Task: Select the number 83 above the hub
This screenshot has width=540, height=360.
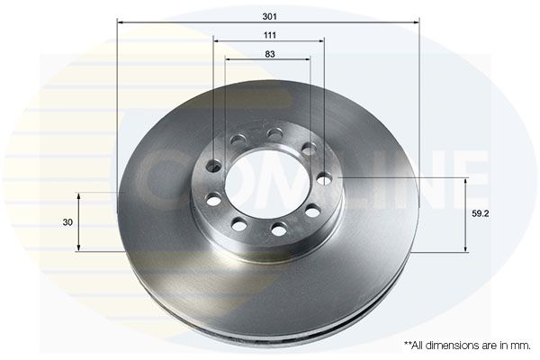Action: tap(269, 54)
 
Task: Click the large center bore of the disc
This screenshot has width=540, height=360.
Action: tap(267, 185)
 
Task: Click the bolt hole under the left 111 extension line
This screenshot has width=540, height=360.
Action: tap(214, 166)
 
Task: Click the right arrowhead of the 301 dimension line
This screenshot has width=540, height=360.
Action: tap(417, 22)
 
